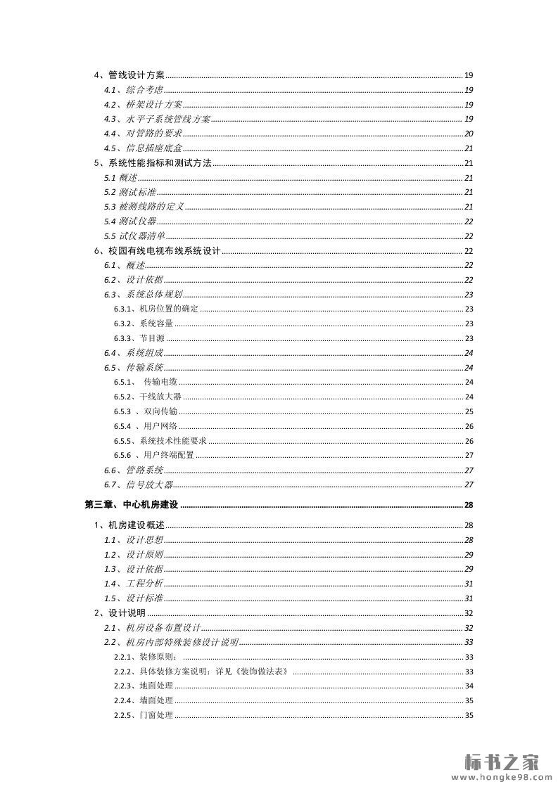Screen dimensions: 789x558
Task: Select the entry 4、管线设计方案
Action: click(x=129, y=75)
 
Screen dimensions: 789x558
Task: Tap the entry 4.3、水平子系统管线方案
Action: click(x=157, y=119)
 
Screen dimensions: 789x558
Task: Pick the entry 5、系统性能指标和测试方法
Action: click(x=153, y=163)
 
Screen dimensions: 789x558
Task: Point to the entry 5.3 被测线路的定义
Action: click(x=144, y=207)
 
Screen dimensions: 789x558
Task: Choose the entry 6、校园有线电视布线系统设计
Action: click(x=158, y=251)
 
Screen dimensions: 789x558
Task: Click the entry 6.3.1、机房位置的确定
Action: click(x=156, y=309)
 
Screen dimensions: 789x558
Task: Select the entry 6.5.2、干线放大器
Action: click(x=148, y=397)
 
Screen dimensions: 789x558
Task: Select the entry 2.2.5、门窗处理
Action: click(x=144, y=716)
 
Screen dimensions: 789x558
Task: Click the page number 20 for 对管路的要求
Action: click(x=469, y=134)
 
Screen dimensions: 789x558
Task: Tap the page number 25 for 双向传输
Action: click(x=469, y=411)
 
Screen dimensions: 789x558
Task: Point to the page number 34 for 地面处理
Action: click(x=469, y=686)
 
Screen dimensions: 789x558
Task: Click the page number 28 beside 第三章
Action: click(x=469, y=505)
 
